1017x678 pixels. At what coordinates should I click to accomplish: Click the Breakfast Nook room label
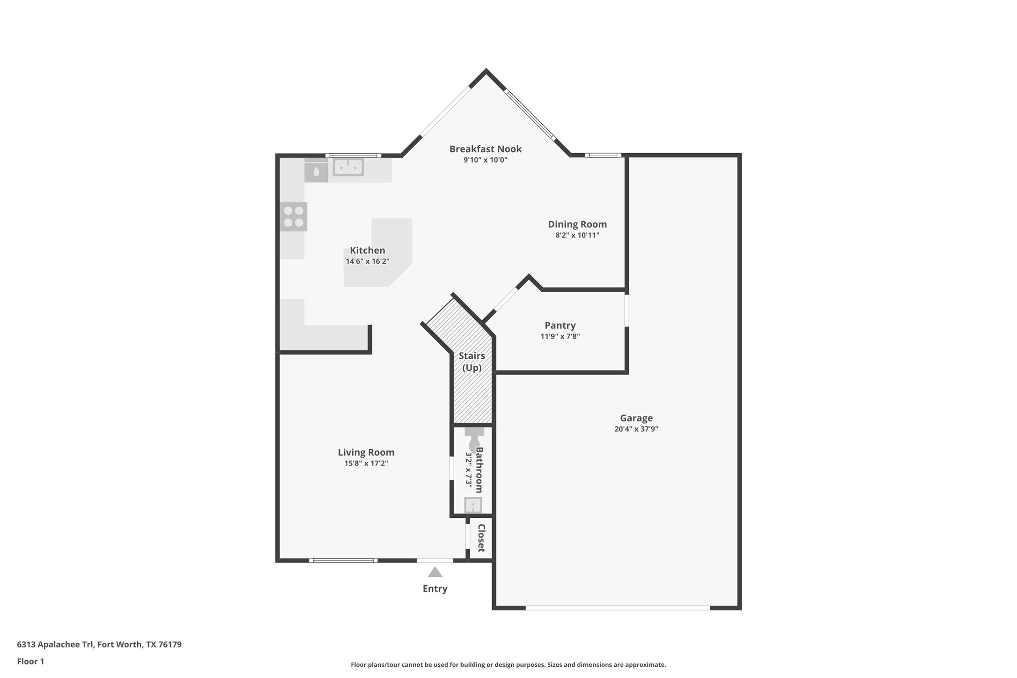(485, 149)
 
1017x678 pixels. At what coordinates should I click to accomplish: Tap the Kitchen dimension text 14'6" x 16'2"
(368, 261)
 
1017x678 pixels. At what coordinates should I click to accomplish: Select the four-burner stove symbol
(294, 217)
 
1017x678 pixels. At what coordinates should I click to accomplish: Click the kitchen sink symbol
(348, 167)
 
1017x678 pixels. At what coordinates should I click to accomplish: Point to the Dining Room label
(577, 224)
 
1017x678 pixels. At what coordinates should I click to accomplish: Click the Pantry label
(560, 325)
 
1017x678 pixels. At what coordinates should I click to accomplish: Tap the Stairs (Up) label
(472, 361)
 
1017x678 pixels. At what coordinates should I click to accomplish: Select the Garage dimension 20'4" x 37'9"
(636, 429)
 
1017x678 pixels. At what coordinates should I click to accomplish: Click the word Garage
(636, 418)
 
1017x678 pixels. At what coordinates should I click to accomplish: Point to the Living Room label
(366, 452)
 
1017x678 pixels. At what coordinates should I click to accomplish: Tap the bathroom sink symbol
(473, 505)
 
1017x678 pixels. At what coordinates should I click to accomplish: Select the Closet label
(481, 538)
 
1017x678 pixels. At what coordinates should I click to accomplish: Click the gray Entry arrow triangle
(435, 572)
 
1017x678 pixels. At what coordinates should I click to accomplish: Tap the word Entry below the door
(435, 589)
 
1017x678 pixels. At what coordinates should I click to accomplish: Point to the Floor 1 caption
(30, 662)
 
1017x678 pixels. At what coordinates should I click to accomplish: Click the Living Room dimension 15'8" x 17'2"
(366, 464)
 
